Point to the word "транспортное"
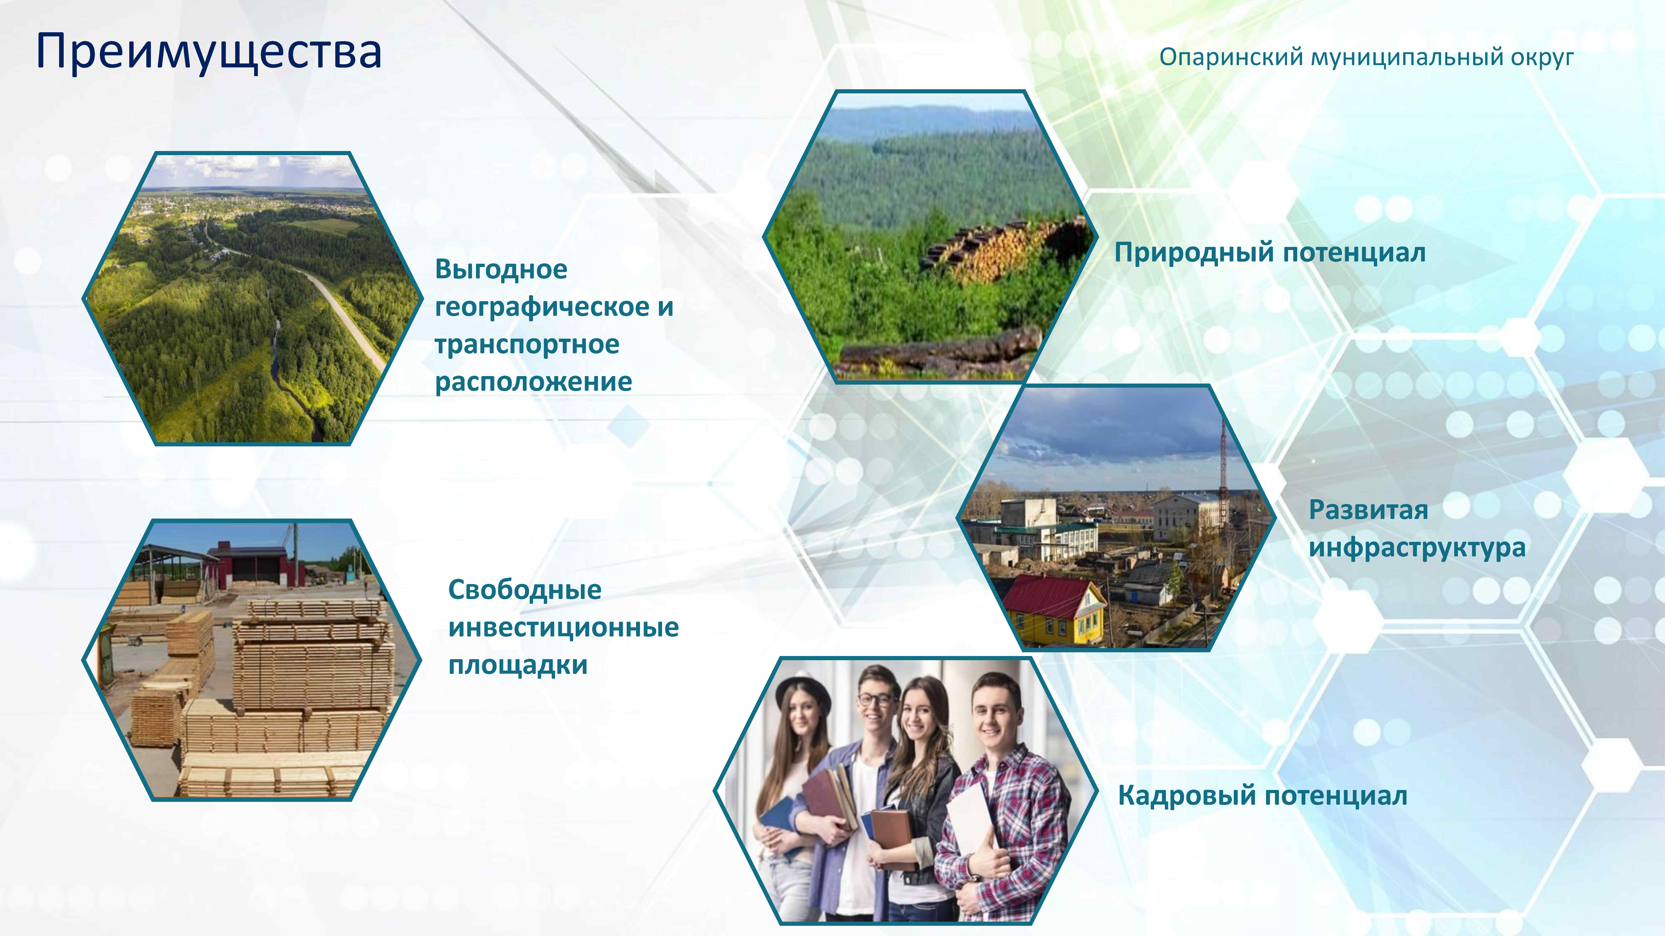(x=527, y=344)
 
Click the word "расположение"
(x=533, y=382)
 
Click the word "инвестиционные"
(x=563, y=627)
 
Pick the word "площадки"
(x=518, y=665)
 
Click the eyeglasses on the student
(x=877, y=700)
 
